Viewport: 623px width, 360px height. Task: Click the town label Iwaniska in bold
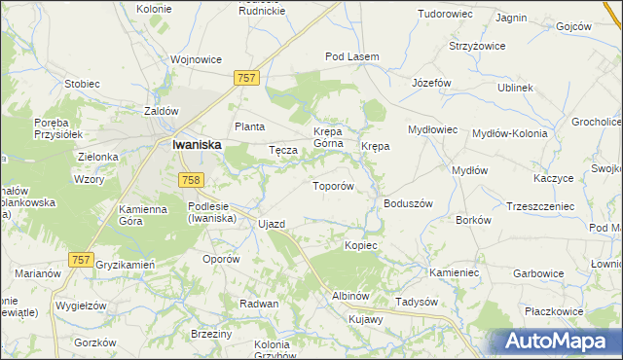click(x=196, y=144)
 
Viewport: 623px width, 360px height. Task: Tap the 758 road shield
click(x=191, y=179)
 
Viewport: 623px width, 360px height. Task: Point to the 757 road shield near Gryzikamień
click(x=82, y=259)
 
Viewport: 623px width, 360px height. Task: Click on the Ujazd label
click(x=272, y=224)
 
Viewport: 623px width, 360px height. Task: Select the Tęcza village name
click(x=282, y=150)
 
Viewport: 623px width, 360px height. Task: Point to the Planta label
click(x=250, y=126)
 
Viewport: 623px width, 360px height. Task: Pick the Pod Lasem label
click(x=351, y=56)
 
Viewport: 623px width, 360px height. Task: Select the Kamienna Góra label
click(x=145, y=215)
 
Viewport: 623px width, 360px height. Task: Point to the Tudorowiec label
click(x=446, y=15)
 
